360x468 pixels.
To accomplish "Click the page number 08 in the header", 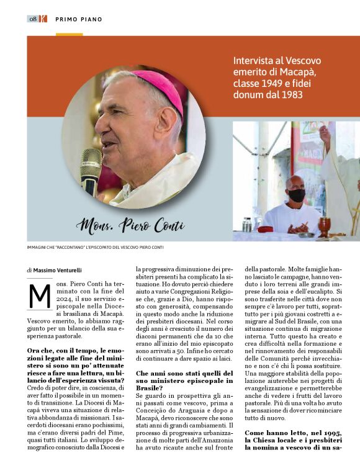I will (33, 19).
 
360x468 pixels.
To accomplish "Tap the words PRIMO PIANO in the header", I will (79, 19).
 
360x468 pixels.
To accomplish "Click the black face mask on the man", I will (296, 195).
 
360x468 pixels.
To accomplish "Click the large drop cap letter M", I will (40, 296).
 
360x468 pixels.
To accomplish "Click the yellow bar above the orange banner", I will (69, 34).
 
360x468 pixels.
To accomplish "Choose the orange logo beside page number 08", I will (43, 19).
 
